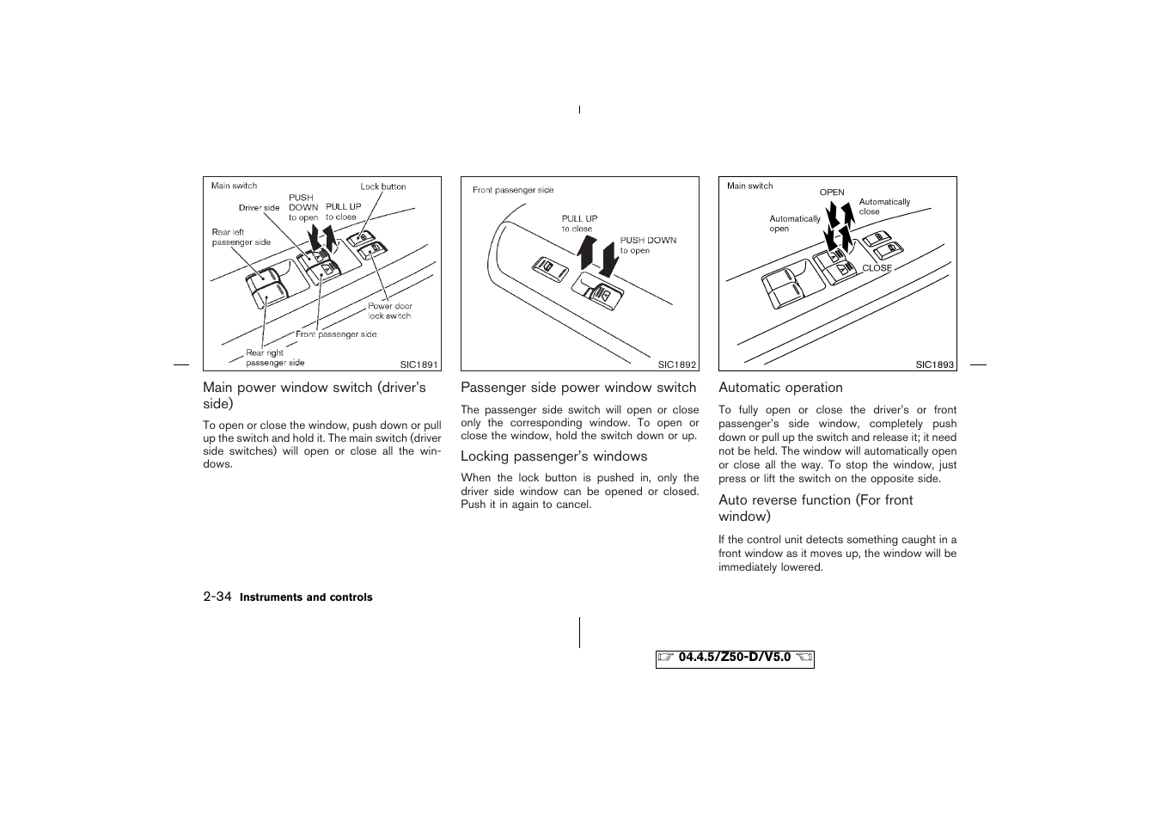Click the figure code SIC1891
(419, 364)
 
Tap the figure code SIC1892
(677, 364)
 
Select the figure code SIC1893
(935, 364)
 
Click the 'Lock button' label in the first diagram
(383, 187)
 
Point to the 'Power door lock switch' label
(390, 311)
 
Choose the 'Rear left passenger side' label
(241, 237)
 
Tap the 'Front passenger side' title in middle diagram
(513, 190)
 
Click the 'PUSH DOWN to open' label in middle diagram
(648, 246)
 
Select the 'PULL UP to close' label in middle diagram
(579, 223)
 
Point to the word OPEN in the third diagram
(832, 193)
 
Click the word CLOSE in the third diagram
(877, 268)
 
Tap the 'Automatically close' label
(884, 206)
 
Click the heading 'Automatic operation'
(780, 388)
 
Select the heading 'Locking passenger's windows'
(553, 456)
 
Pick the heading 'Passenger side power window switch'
(578, 388)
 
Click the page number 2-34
(217, 597)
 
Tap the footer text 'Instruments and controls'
(306, 597)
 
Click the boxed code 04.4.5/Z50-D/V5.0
(735, 658)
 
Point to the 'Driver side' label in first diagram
(259, 208)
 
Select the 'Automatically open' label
(795, 223)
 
